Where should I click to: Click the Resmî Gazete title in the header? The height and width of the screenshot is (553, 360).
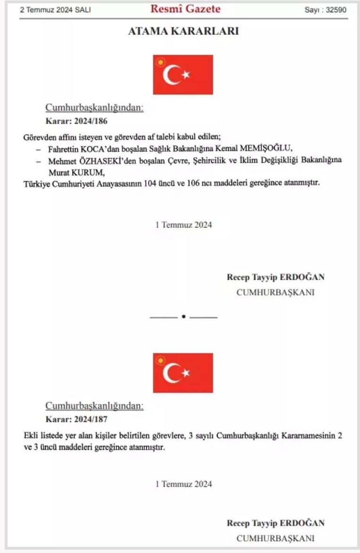point(185,9)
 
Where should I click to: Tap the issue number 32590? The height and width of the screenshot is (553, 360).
point(337,10)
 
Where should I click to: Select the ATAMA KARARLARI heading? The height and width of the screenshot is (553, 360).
point(183,32)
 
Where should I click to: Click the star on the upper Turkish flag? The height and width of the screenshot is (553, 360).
point(186,75)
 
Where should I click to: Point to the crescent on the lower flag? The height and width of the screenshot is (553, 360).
point(171,373)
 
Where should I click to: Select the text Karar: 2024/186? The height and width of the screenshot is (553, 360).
point(76,121)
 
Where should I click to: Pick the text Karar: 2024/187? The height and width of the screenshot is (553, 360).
point(76,419)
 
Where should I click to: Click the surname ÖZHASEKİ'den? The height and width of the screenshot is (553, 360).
point(106,160)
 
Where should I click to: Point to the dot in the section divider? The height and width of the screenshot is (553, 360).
point(183,317)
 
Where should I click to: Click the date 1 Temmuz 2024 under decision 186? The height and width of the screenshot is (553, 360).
point(184,225)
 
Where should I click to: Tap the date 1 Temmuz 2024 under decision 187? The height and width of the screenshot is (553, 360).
point(184,484)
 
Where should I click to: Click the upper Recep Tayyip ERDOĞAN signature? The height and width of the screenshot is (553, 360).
point(276,277)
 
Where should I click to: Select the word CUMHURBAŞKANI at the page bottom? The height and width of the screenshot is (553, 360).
point(275,538)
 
